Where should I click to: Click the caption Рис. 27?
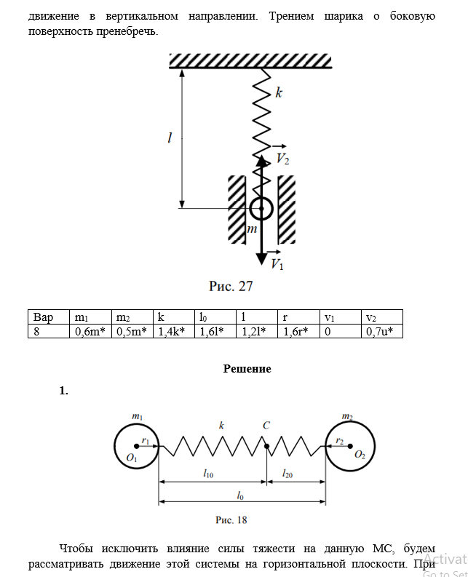(x=231, y=286)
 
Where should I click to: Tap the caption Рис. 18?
(x=231, y=520)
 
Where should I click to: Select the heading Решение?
(x=247, y=368)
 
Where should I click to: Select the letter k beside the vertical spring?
(x=279, y=92)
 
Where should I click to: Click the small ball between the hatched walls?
(x=260, y=210)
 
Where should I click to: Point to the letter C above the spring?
(x=266, y=425)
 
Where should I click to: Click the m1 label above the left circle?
(x=137, y=416)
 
